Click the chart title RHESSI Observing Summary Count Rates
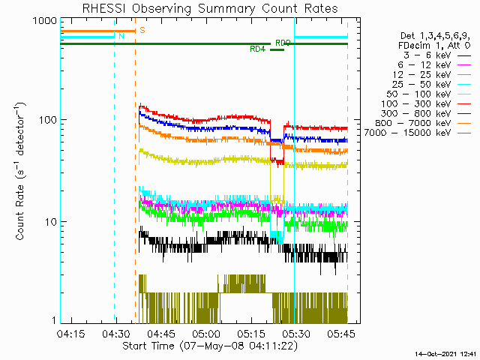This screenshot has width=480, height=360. [203, 8]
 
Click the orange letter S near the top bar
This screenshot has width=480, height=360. [142, 30]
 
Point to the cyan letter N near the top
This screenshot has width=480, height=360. [121, 36]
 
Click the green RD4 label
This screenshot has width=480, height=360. [257, 49]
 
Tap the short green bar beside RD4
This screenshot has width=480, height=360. [277, 49]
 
